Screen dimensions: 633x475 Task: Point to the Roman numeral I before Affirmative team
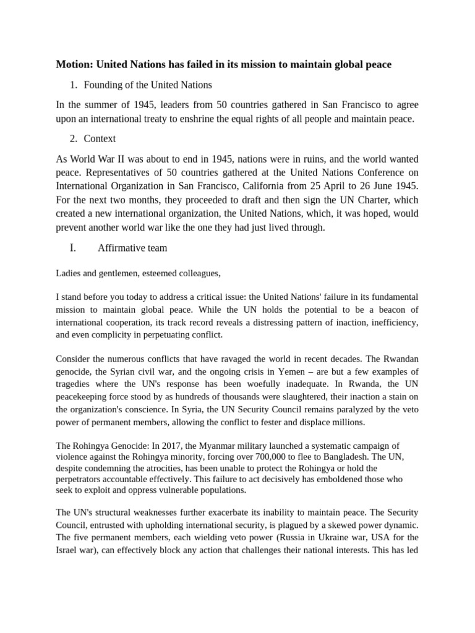pos(73,248)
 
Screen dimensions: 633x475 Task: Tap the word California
pos(272,186)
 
